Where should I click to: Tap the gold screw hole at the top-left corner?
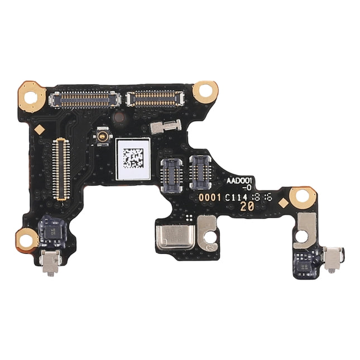[31, 96]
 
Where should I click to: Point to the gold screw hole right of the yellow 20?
[303, 196]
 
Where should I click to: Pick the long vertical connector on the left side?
[61, 169]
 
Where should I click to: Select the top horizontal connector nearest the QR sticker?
[155, 99]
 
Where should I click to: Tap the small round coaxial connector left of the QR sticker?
[102, 135]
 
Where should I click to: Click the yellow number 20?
[246, 206]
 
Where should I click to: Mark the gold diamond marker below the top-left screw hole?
[40, 129]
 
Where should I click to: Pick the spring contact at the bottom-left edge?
[50, 263]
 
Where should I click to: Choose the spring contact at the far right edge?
[334, 260]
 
